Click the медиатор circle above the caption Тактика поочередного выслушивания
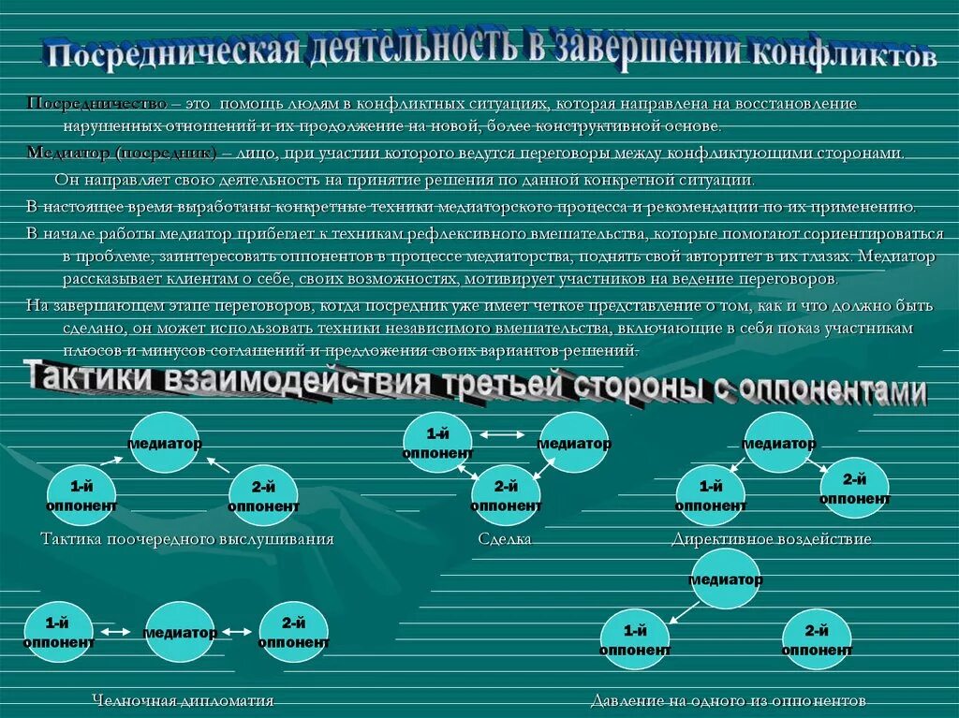click(165, 444)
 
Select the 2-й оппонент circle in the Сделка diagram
click(506, 495)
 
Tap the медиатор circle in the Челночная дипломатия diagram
click(180, 633)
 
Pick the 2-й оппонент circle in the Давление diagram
click(817, 639)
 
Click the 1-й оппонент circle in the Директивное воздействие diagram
click(711, 494)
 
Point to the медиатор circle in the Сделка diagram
click(573, 443)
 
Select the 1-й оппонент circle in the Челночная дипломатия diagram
click(58, 633)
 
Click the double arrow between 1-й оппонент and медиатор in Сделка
click(503, 433)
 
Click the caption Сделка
click(504, 539)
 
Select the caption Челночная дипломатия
click(183, 700)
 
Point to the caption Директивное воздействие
click(771, 539)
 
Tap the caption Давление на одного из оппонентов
click(728, 700)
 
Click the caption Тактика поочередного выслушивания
click(187, 539)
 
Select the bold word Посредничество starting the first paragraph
click(96, 103)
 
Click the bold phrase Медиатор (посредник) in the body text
click(121, 153)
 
